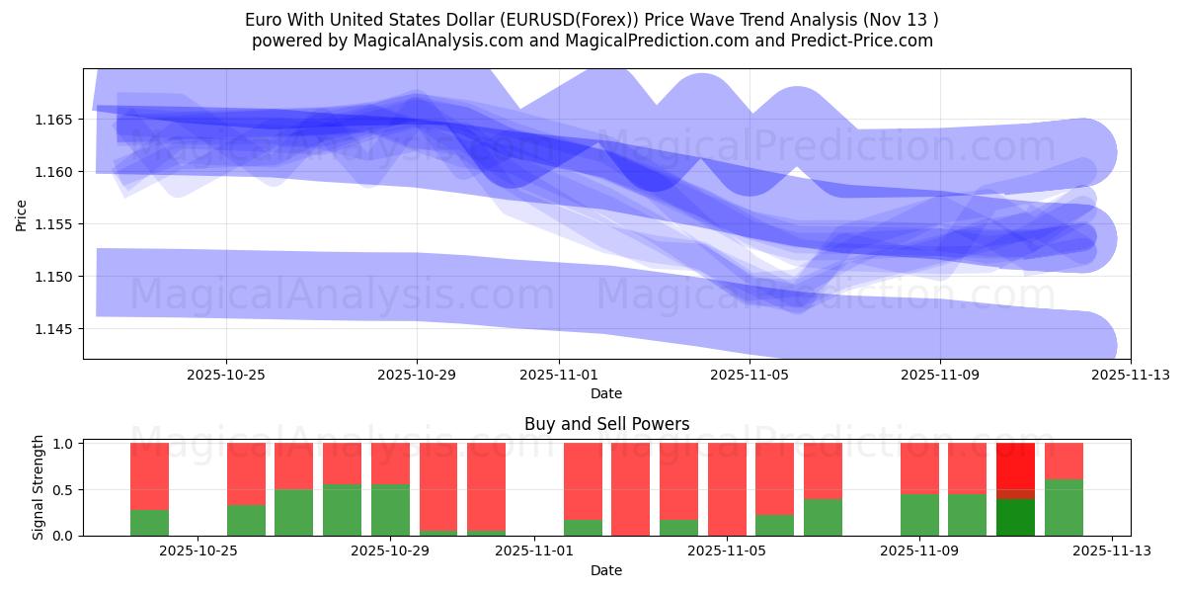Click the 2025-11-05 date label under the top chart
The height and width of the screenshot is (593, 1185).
750,375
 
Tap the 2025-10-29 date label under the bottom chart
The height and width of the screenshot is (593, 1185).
391,551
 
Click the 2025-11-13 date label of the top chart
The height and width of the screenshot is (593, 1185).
1130,375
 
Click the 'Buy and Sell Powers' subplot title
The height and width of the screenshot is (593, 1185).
606,424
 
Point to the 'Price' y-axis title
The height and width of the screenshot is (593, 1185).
22,213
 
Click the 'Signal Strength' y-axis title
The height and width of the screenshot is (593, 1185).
39,487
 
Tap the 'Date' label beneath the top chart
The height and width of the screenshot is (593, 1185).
606,393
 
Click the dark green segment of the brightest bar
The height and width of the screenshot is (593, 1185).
1015,517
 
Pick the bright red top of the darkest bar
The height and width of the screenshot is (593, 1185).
1015,465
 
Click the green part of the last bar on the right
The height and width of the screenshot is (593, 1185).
1064,508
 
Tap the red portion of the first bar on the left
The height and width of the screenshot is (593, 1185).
149,475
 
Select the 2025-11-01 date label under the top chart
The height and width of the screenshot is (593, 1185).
559,375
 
